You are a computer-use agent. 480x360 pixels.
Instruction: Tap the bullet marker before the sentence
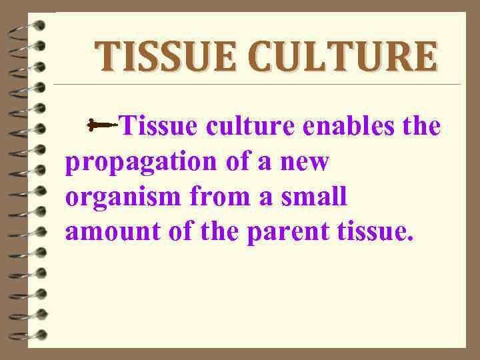101,124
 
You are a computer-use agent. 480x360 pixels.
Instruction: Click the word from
216,197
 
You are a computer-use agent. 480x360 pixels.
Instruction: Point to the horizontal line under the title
257,85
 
